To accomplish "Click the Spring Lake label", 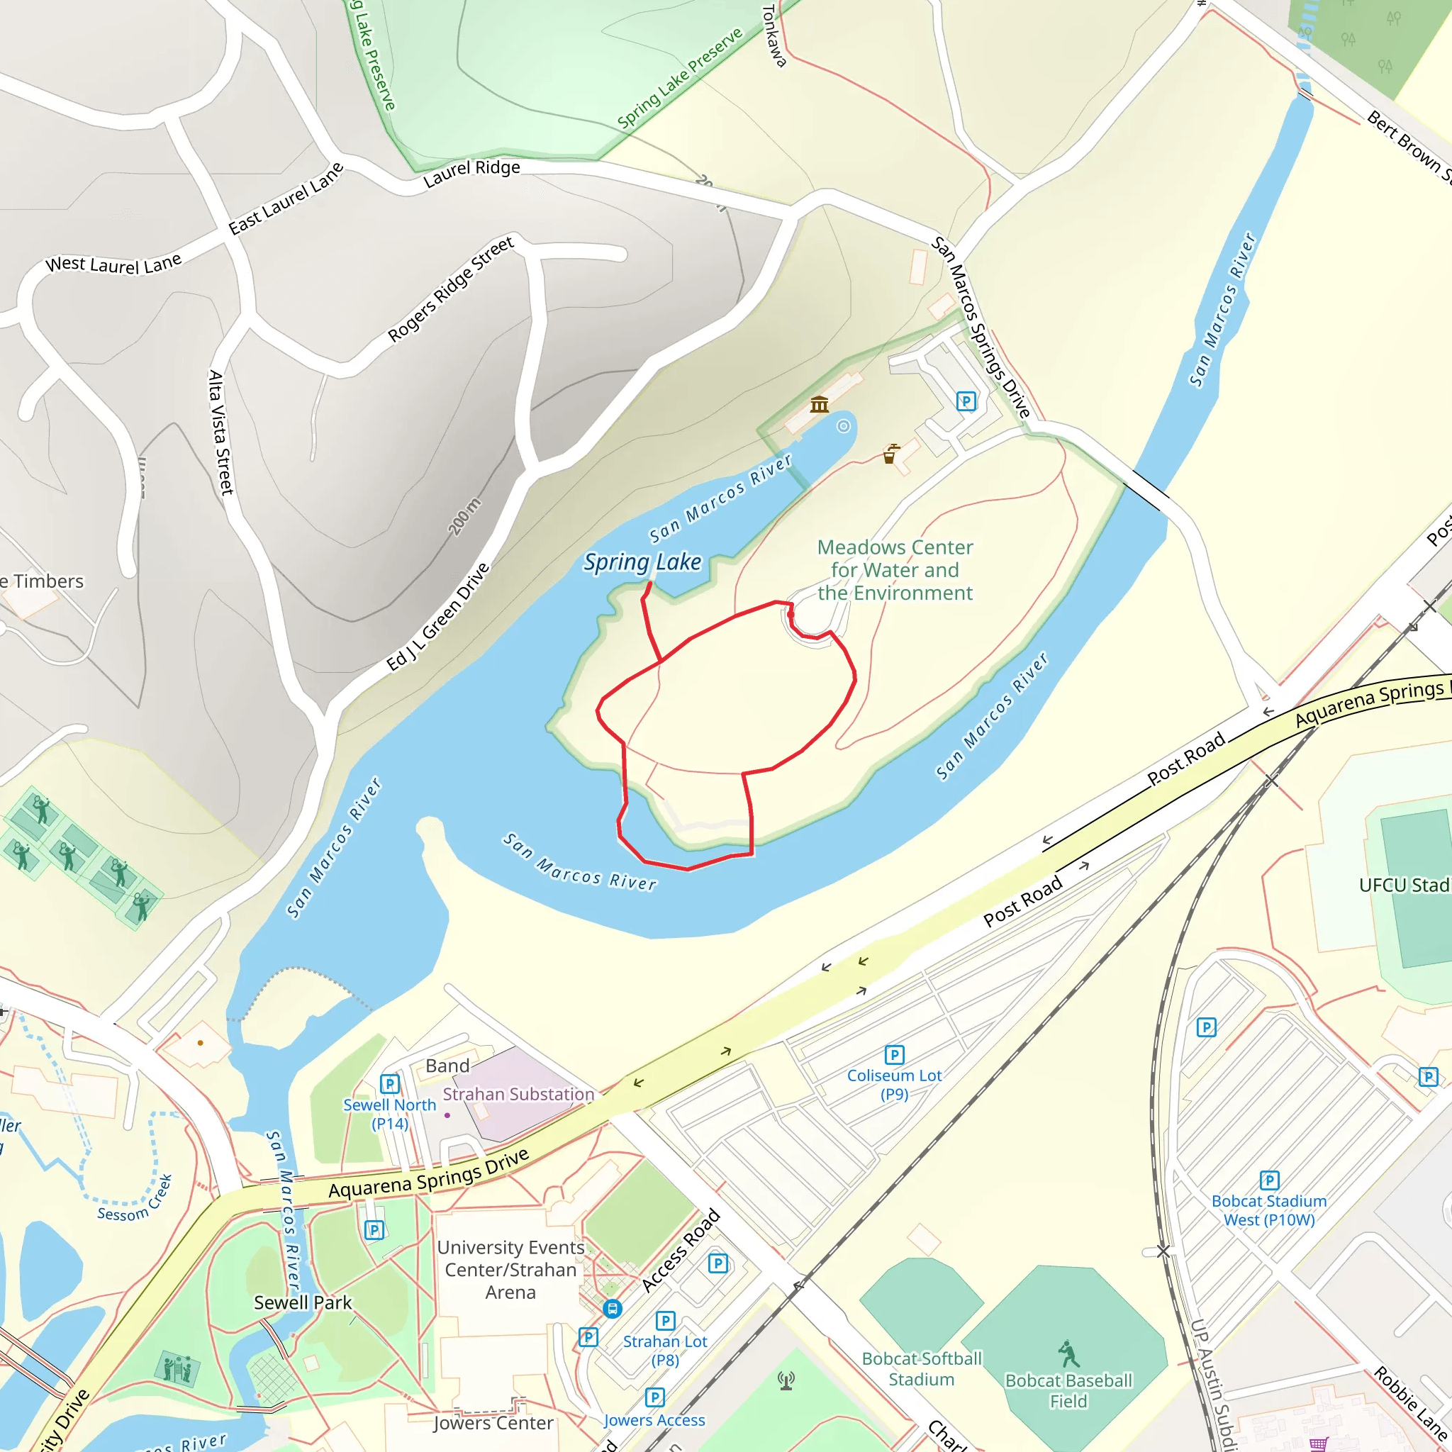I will click(642, 562).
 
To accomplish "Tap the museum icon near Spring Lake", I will click(819, 405).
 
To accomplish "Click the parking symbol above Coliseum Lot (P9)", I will click(894, 1054).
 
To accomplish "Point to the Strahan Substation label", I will click(518, 1094).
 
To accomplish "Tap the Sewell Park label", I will click(302, 1302).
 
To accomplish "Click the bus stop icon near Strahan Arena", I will click(613, 1309).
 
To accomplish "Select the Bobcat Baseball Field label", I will click(1068, 1390).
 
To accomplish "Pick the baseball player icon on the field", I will click(1068, 1353).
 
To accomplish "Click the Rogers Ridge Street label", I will click(451, 289).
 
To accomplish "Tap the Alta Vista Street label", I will click(221, 432).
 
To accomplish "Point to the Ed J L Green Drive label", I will click(438, 616).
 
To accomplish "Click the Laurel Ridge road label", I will click(471, 173).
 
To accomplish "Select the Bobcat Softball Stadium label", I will click(922, 1368).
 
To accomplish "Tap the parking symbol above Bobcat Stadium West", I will click(1269, 1180).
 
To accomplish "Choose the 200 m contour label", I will click(464, 517).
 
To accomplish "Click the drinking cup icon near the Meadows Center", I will click(890, 454).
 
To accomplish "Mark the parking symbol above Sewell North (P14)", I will click(389, 1084).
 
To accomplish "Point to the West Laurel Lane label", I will click(113, 264).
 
